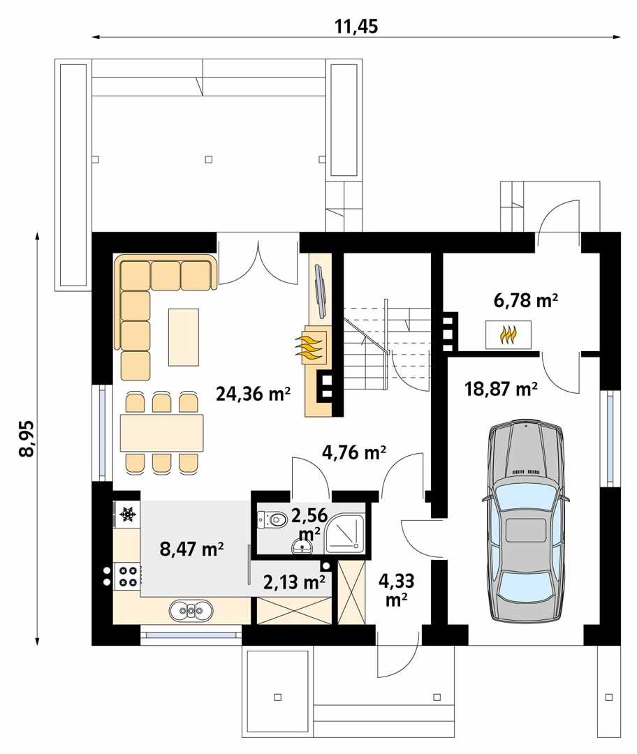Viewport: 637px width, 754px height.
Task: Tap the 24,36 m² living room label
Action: pyautogui.click(x=253, y=394)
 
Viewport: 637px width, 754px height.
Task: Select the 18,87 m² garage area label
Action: pyautogui.click(x=500, y=389)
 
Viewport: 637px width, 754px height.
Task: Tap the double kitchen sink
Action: pyautogui.click(x=190, y=612)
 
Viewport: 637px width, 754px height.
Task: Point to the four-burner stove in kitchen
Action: pyautogui.click(x=128, y=576)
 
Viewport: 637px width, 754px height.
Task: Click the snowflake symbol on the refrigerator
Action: pyautogui.click(x=127, y=515)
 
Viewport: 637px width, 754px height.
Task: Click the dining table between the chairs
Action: pyautogui.click(x=161, y=433)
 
